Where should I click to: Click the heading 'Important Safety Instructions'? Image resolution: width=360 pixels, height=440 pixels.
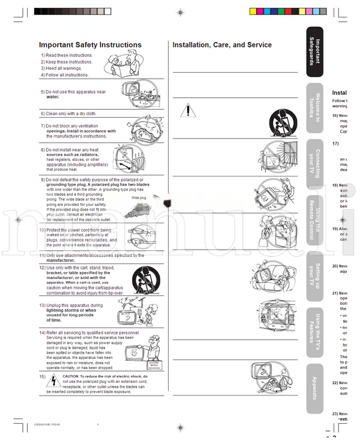90,45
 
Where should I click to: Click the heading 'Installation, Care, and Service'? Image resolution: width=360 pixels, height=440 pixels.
222,45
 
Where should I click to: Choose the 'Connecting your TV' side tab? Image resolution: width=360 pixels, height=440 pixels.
318,163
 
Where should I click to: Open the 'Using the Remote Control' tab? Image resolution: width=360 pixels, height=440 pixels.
318,218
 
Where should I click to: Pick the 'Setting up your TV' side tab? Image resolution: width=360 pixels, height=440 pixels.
318,274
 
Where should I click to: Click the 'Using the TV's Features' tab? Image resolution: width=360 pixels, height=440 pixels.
318,330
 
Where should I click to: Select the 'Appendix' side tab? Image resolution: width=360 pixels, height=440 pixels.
318,387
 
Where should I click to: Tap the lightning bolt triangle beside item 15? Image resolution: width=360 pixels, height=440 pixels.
53,380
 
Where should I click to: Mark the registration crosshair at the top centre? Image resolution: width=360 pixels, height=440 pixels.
181,11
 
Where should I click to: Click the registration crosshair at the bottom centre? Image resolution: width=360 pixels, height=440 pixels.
181,427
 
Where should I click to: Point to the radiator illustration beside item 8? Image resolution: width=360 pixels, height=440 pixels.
140,158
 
